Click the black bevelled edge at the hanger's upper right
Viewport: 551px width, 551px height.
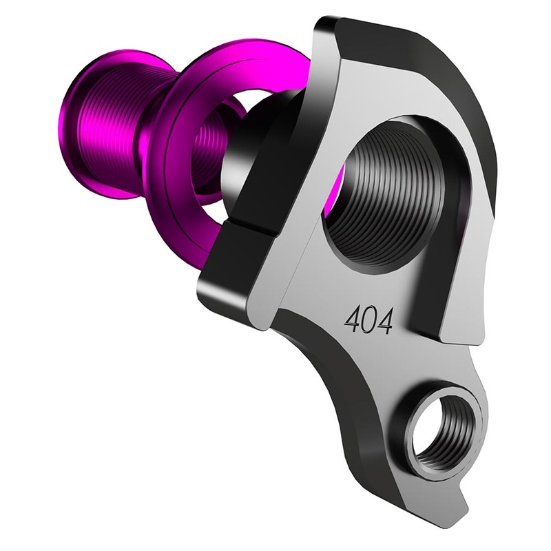pos(475,103)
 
